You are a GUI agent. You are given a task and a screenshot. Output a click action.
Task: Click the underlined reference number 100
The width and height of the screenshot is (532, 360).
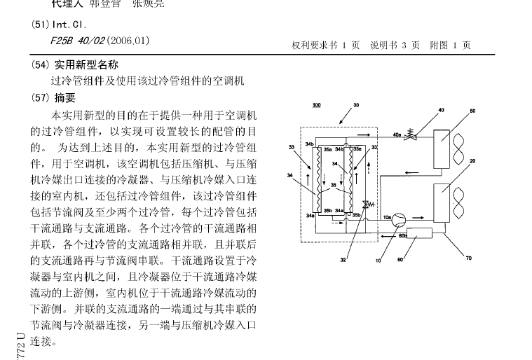point(317,105)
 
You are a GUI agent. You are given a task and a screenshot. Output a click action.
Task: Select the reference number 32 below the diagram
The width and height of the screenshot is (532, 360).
point(343,260)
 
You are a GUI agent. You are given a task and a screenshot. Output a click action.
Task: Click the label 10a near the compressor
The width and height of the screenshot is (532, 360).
point(388,218)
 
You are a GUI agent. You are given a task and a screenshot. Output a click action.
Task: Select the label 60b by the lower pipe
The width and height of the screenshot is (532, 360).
point(403,235)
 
